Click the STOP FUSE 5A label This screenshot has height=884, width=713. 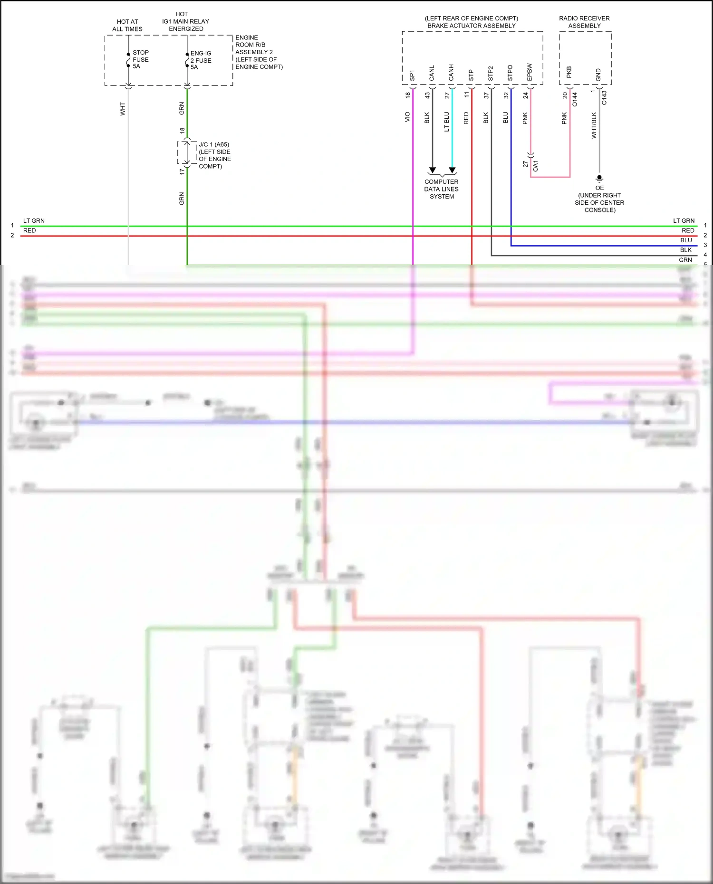click(140, 59)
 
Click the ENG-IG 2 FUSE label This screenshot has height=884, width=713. click(201, 60)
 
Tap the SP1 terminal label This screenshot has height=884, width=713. click(412, 76)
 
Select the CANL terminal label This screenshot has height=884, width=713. click(432, 74)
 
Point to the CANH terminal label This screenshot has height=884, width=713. click(451, 73)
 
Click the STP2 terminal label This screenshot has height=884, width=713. click(491, 74)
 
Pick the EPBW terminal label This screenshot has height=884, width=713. click(530, 72)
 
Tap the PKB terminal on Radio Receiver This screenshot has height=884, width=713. click(569, 73)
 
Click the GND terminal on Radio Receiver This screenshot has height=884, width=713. click(598, 75)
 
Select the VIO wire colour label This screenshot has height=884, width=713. click(407, 117)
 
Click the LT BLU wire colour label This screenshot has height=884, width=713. click(446, 122)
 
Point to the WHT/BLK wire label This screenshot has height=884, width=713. click(594, 125)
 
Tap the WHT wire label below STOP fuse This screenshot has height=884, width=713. click(123, 109)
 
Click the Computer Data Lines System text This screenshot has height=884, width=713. click(442, 189)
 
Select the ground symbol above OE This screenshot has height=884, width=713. click(599, 179)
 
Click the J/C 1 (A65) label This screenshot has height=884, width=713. click(214, 144)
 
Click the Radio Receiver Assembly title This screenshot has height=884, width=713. click(584, 22)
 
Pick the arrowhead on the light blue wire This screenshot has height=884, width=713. click(452, 170)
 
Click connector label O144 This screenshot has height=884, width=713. click(575, 99)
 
